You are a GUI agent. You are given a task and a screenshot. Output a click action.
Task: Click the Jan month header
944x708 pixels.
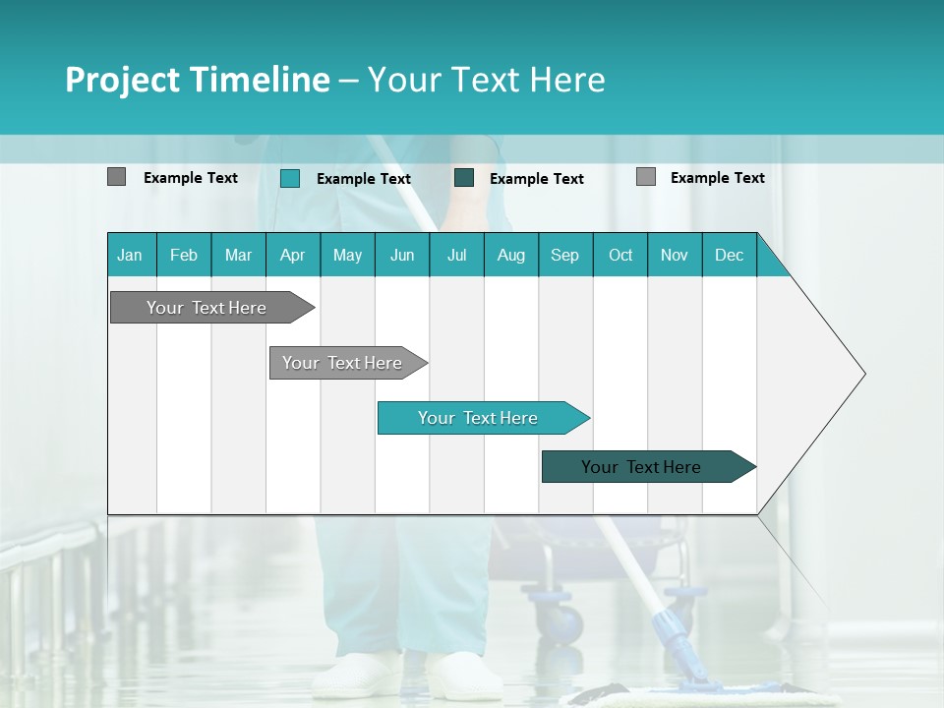click(131, 255)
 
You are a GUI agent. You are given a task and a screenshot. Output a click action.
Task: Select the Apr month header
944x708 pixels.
click(293, 255)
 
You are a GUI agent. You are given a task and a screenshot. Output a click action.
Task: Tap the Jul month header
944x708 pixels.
click(456, 255)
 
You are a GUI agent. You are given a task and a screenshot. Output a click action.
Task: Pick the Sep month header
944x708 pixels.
click(564, 255)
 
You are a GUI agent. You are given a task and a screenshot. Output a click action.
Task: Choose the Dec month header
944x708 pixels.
click(729, 255)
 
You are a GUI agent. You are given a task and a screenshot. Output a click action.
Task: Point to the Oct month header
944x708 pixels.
click(620, 255)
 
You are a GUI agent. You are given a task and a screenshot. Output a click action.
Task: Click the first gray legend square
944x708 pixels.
click(116, 177)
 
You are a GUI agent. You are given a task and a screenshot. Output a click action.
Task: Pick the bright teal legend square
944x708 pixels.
click(290, 178)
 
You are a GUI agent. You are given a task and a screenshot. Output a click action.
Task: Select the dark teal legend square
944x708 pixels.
click(464, 177)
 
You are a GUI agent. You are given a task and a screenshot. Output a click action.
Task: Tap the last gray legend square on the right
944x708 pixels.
click(646, 177)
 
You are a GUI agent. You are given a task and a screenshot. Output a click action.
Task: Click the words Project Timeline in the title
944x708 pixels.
click(197, 80)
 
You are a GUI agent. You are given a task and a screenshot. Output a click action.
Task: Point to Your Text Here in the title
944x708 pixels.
click(486, 80)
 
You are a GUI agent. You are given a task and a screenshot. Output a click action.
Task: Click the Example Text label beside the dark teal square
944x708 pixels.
click(536, 178)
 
